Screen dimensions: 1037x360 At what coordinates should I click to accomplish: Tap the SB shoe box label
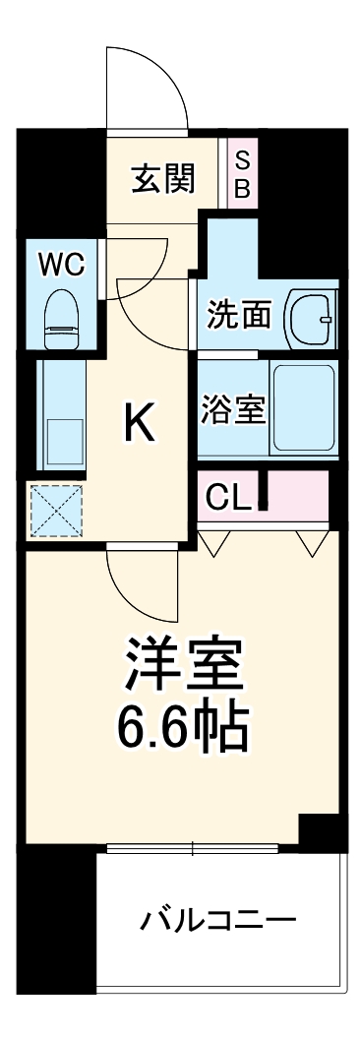tap(242, 174)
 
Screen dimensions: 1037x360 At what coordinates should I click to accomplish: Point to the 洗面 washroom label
tap(238, 315)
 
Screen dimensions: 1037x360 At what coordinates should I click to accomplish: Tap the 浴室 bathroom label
tap(233, 408)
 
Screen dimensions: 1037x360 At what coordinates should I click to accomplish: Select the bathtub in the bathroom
tap(304, 408)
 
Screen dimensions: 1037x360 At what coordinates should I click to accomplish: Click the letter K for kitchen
tap(139, 425)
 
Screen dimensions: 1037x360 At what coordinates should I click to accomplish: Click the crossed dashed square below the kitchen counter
tap(55, 510)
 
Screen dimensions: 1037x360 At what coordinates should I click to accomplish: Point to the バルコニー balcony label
tap(217, 922)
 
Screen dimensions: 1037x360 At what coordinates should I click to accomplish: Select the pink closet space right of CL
tap(297, 493)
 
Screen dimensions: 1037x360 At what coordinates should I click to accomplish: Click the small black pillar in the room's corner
tap(320, 832)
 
